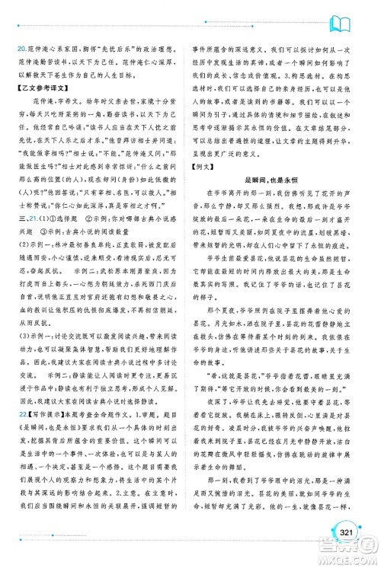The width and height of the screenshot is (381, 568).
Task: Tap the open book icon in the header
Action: tap(351, 17)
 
